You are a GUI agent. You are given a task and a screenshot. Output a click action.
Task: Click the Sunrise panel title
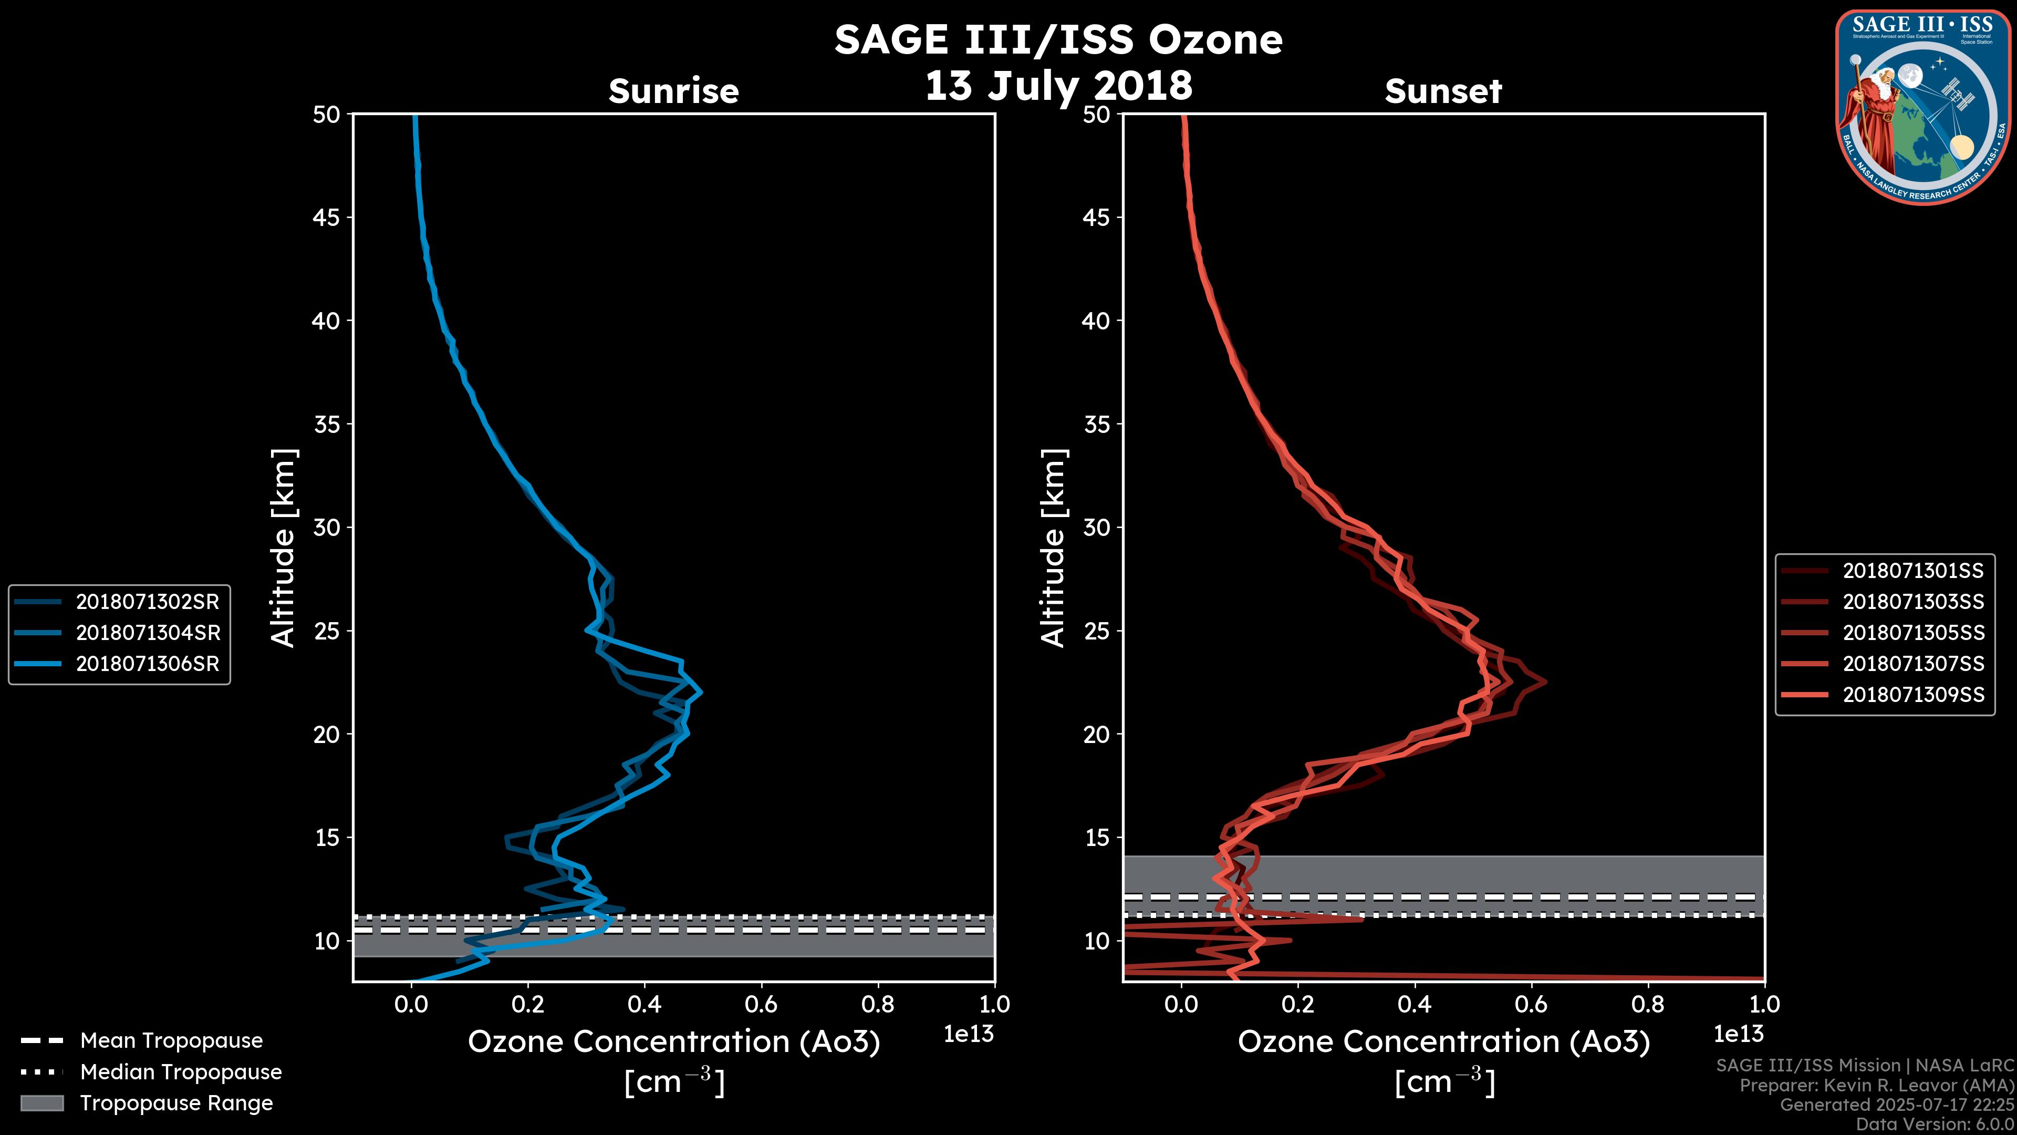[673, 91]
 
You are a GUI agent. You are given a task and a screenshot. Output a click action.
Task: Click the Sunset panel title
[1443, 91]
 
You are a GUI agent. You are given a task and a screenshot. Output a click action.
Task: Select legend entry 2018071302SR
[147, 602]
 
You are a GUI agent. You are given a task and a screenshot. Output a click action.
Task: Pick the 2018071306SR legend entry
[147, 664]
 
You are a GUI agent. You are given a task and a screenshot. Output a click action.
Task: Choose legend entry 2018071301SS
[1913, 570]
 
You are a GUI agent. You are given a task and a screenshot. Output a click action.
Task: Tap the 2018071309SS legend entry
[1913, 695]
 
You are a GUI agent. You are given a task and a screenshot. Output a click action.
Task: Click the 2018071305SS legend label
[1913, 632]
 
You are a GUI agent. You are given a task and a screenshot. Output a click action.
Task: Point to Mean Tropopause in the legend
[171, 1040]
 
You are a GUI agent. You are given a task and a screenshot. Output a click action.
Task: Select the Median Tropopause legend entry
[181, 1071]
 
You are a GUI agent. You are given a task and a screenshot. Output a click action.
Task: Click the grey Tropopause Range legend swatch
[41, 1103]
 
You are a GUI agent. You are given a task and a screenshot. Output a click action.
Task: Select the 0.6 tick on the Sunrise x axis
[761, 1004]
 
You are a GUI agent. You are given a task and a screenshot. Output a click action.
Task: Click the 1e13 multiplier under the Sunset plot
[1738, 1034]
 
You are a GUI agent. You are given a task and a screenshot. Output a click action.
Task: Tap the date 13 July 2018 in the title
[1058, 85]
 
